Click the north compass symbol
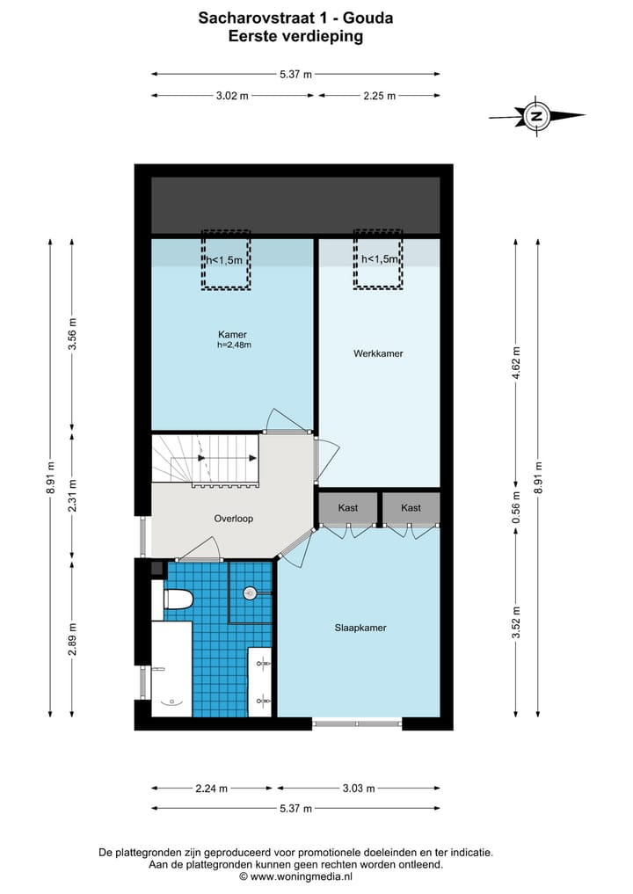(536, 115)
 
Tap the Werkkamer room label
(378, 353)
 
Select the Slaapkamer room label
(360, 628)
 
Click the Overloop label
(233, 519)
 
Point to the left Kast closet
(347, 508)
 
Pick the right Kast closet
(411, 508)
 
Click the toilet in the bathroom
(178, 600)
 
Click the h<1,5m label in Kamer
(226, 260)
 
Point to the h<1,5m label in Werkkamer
(380, 260)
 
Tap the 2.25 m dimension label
(379, 96)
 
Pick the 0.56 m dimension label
(516, 510)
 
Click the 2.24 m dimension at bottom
(213, 789)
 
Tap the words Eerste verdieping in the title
(295, 36)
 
